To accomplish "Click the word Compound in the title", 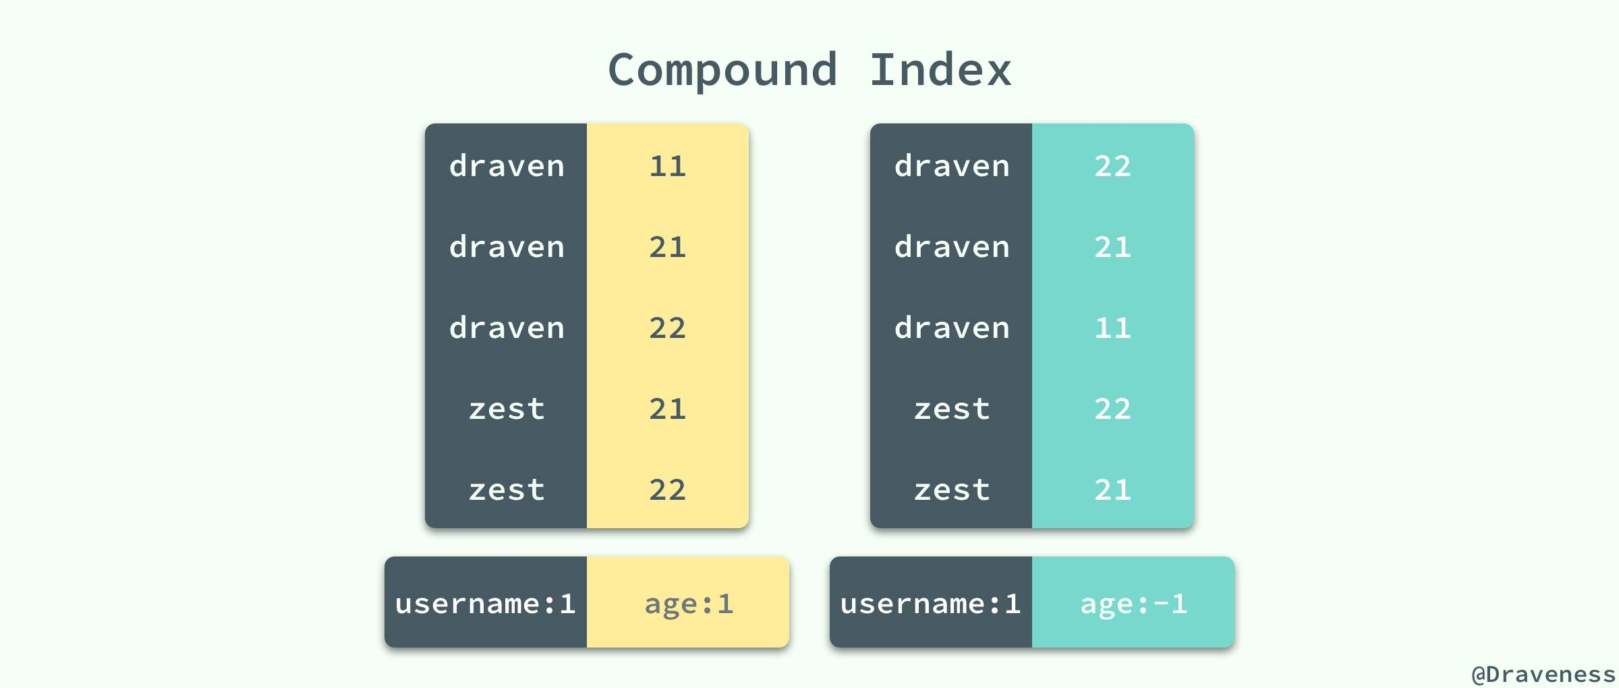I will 722,70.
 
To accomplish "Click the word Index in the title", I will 940,70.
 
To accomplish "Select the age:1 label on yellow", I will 689,604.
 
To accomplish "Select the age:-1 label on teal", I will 1133,604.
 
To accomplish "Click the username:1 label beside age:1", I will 485,604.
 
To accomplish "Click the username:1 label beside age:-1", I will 930,604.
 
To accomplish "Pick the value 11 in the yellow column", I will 667,166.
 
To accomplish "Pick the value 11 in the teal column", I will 1112,328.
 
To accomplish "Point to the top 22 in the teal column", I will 1112,166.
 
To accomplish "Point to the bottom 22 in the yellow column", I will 667,490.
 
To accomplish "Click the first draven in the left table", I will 507,166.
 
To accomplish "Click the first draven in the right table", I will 952,166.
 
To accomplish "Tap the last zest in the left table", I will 507,490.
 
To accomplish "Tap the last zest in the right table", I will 952,490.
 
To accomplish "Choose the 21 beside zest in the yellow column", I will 667,409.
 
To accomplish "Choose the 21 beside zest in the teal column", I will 1112,490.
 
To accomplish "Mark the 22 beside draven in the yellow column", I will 667,328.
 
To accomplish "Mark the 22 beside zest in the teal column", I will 1112,409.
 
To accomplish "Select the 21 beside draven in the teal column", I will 1112,247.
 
